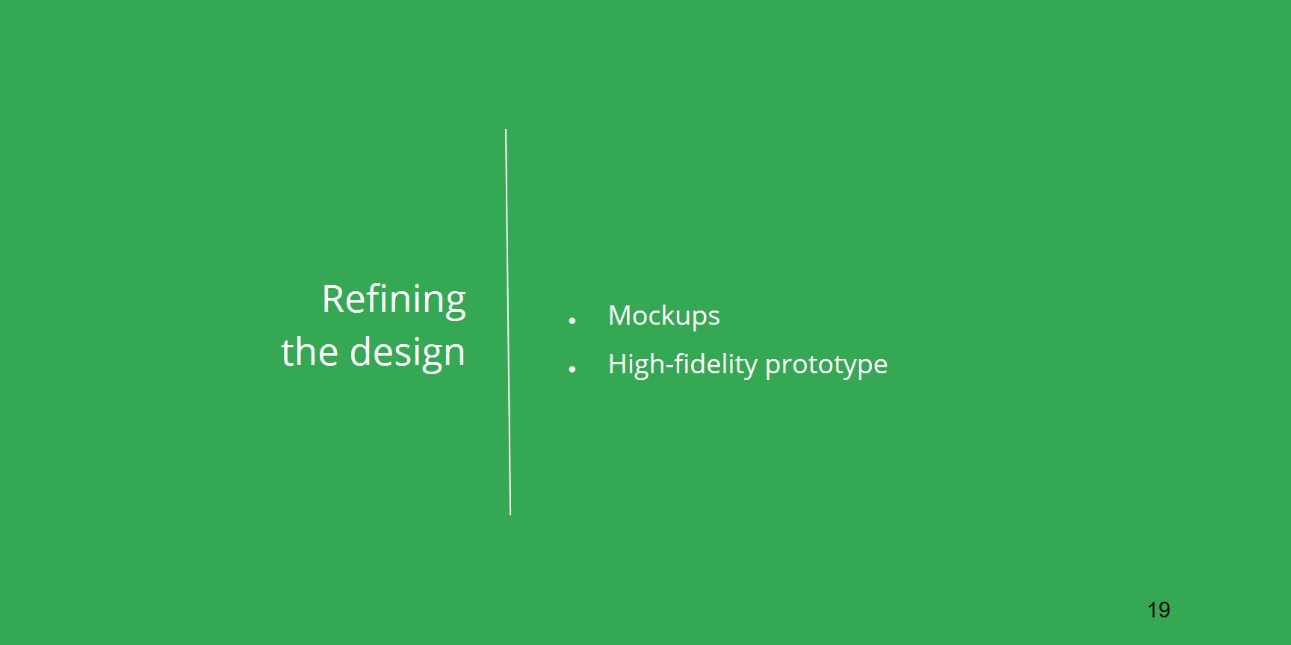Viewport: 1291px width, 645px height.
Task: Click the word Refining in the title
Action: click(394, 301)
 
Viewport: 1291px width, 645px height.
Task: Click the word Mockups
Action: click(664, 317)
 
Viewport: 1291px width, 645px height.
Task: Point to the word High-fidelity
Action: click(683, 364)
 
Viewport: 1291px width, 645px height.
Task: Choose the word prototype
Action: click(826, 366)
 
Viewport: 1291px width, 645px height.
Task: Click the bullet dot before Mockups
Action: click(572, 321)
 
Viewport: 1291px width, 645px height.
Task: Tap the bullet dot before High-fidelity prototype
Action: click(572, 369)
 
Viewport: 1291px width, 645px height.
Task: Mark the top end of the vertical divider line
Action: click(506, 130)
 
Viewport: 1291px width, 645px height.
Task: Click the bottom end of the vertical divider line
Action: click(510, 514)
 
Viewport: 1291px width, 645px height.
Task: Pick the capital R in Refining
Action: click(333, 299)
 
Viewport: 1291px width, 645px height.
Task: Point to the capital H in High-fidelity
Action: click(618, 364)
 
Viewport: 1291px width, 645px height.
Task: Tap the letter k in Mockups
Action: click(672, 315)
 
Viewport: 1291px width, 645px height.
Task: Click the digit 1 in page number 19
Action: click(1152, 610)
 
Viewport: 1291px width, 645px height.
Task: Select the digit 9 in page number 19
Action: click(1164, 610)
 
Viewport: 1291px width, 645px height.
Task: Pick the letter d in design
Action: click(362, 351)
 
